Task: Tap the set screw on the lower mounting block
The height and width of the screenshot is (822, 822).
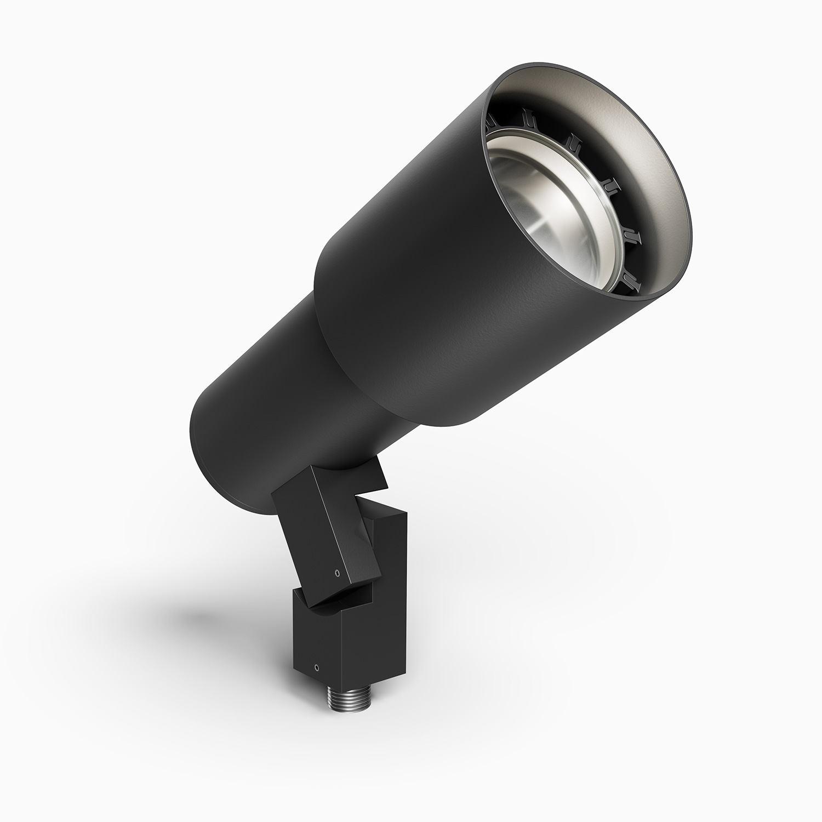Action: click(316, 668)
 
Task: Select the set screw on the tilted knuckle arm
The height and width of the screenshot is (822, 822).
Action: click(336, 573)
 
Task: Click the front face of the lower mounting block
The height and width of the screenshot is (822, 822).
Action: click(317, 641)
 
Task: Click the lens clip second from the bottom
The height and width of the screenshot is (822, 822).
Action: click(633, 236)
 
